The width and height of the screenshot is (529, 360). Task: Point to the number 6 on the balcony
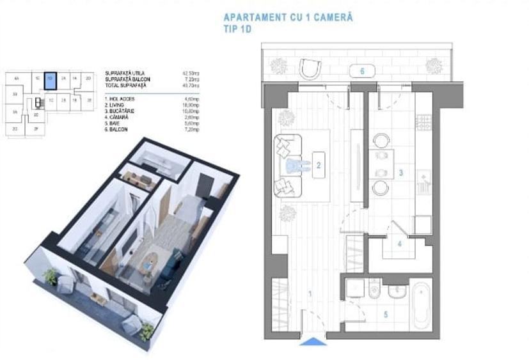pyautogui.click(x=362, y=71)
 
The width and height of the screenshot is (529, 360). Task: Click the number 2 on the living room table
pyautogui.click(x=318, y=165)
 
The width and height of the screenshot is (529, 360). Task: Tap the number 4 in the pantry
pyautogui.click(x=399, y=244)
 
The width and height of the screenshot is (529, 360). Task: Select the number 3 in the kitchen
pyautogui.click(x=400, y=173)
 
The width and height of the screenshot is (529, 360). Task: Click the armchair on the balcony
pyautogui.click(x=310, y=68)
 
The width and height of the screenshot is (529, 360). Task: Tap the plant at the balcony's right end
pyautogui.click(x=434, y=65)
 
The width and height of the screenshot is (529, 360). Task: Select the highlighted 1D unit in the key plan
pyautogui.click(x=51, y=81)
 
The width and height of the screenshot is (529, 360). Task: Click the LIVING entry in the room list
pyautogui.click(x=118, y=106)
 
